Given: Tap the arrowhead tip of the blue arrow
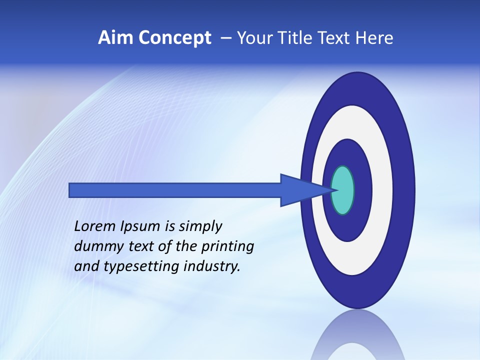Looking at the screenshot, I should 335,190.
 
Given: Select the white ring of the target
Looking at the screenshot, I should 382,190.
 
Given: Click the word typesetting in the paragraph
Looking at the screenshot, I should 142,267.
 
